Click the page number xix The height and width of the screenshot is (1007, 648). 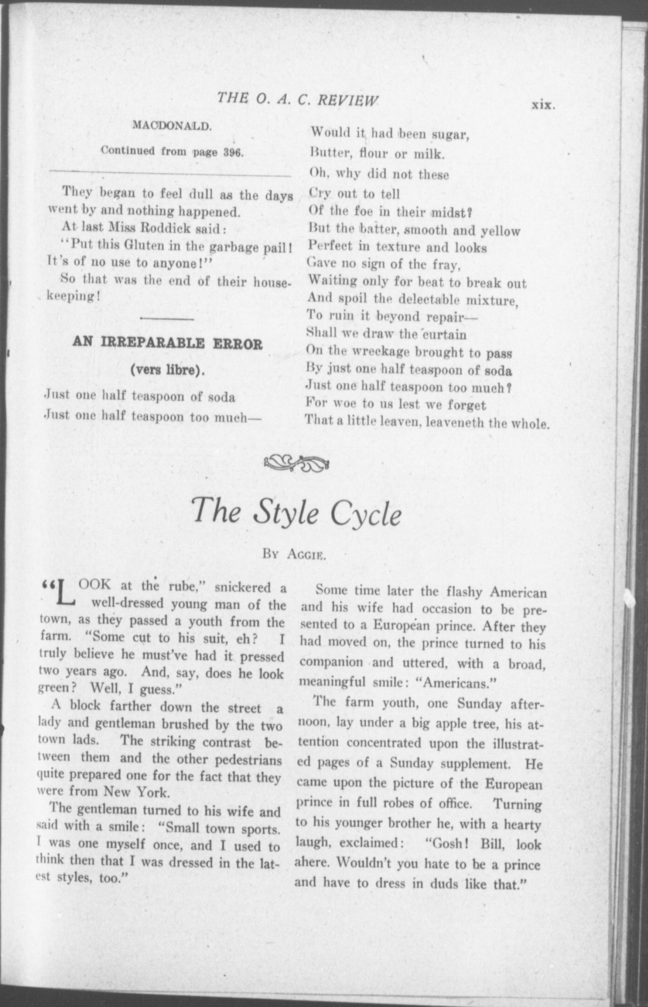pyautogui.click(x=542, y=105)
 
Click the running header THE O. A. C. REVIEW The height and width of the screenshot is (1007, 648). pyautogui.click(x=298, y=99)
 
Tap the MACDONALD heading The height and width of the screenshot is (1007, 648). pyautogui.click(x=172, y=125)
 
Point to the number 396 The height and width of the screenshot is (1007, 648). pyautogui.click(x=233, y=152)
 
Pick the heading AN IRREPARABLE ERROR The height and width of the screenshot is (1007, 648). pyautogui.click(x=168, y=344)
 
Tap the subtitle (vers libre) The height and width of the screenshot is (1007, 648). pyautogui.click(x=168, y=371)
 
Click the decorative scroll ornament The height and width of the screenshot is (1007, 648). pyautogui.click(x=296, y=462)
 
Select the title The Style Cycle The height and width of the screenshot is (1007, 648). pyautogui.click(x=296, y=511)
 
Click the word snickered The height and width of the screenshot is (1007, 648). pyautogui.click(x=243, y=587)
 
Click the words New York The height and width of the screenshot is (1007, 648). pyautogui.click(x=136, y=792)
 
